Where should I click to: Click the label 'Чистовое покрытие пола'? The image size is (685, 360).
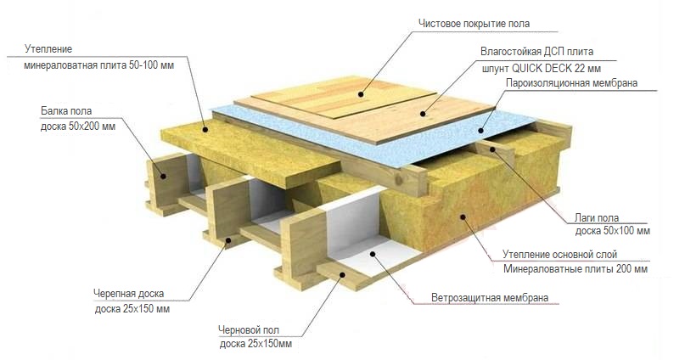pos(480,22)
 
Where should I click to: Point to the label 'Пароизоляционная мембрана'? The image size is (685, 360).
pos(571,83)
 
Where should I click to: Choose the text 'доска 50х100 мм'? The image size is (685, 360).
pos(612,231)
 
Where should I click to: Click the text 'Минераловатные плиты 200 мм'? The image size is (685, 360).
pos(576,269)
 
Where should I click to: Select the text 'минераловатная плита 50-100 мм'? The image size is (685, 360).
pos(99,65)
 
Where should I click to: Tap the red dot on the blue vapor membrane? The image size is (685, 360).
pos(480,132)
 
